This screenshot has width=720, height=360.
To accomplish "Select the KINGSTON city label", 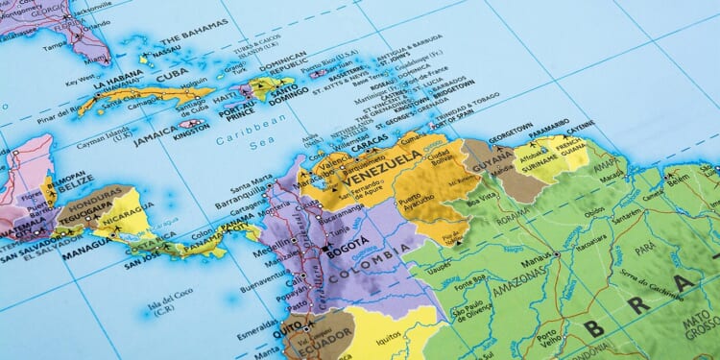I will tap(191, 135).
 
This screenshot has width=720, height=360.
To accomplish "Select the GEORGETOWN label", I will tap(510, 128).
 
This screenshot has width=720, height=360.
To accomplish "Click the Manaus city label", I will tap(540, 255).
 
